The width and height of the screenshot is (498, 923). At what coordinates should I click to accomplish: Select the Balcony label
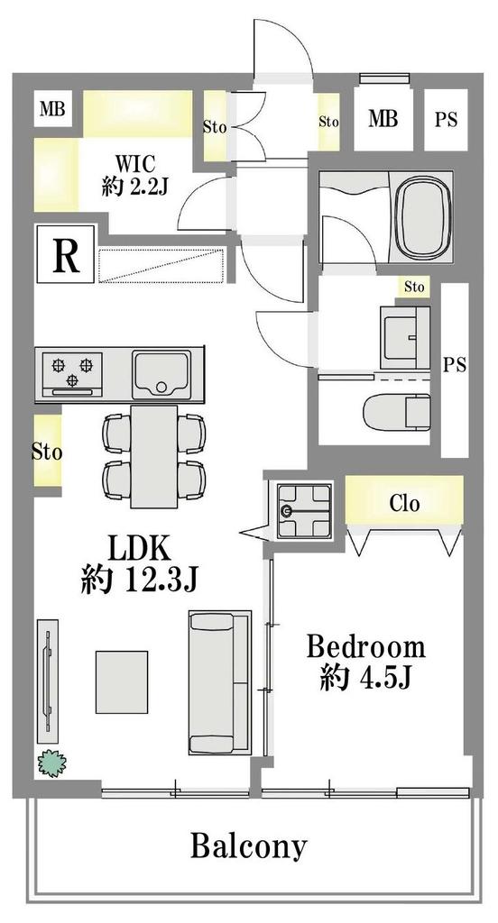[x=248, y=846]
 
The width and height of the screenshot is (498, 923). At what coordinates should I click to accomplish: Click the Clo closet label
[x=404, y=503]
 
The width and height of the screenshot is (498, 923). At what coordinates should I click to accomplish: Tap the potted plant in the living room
[x=52, y=764]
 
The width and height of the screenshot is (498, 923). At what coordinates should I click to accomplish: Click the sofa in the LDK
[x=219, y=681]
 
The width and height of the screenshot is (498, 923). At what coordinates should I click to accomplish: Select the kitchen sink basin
[x=161, y=372]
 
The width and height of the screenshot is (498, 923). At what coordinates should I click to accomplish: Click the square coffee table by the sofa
[x=122, y=681]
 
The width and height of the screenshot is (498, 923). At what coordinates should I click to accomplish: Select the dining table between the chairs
[x=155, y=455]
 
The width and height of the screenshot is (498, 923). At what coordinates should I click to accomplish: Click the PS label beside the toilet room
[x=453, y=365]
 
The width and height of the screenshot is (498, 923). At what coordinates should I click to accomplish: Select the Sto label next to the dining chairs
[x=47, y=452]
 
